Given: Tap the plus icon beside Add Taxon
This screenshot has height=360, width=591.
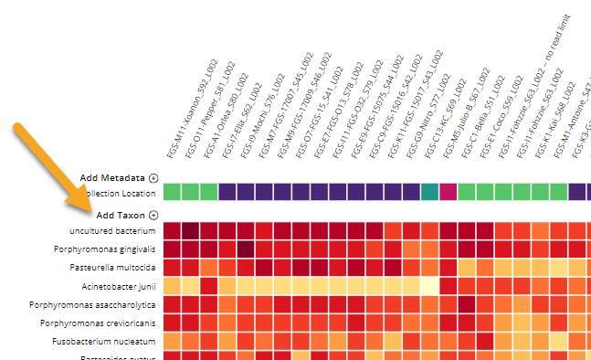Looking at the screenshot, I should (x=153, y=215).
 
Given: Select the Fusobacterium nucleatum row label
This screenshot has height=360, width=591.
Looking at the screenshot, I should (x=106, y=341).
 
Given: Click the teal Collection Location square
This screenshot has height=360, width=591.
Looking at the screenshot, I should (x=429, y=192).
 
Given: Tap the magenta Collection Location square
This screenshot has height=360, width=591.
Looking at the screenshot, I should (x=448, y=192).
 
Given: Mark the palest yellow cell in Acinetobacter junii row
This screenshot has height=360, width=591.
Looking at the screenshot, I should (x=429, y=286).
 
